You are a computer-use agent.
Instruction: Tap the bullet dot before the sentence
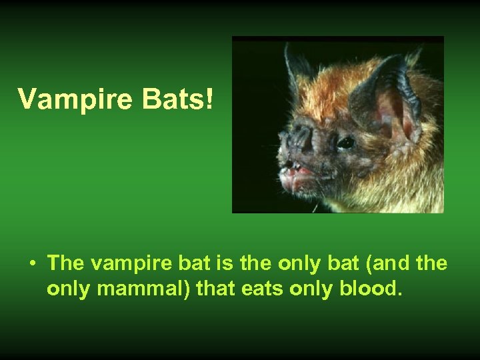33,263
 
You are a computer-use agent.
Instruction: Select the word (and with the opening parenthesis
387,263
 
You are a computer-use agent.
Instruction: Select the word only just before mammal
67,290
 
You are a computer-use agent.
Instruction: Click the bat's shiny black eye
345,142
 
